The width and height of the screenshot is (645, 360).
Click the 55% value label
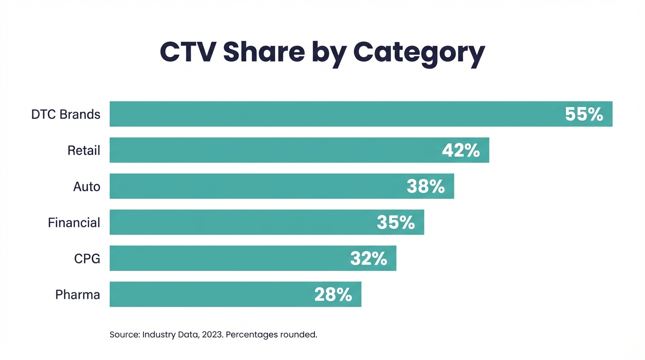click(x=584, y=114)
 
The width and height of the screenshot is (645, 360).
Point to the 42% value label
click(x=461, y=150)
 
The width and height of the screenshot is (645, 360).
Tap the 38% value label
click(x=426, y=187)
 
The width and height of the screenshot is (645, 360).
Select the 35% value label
click(x=396, y=223)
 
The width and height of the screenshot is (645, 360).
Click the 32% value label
click(x=368, y=259)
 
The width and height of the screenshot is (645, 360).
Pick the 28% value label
click(x=333, y=295)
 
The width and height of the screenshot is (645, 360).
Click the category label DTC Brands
click(x=66, y=114)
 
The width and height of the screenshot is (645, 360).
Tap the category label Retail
click(x=84, y=150)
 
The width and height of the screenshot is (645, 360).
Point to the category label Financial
click(x=74, y=223)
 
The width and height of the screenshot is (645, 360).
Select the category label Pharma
click(x=78, y=295)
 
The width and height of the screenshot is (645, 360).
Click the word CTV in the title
click(x=187, y=52)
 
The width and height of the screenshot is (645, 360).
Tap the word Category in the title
click(x=419, y=53)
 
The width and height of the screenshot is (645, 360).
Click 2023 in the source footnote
click(x=212, y=335)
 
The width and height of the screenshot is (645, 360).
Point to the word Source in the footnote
click(x=123, y=335)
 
